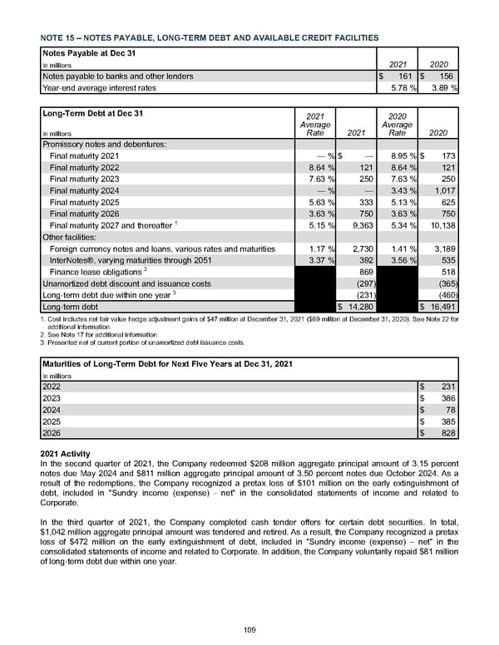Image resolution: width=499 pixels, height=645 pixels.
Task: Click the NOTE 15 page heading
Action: (x=209, y=37)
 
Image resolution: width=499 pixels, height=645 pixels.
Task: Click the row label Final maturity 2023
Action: (x=85, y=179)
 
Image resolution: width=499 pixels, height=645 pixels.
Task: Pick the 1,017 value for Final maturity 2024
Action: (x=442, y=190)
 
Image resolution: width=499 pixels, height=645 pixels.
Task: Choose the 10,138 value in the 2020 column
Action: (x=440, y=225)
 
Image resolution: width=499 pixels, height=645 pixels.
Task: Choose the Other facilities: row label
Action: (x=73, y=237)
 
